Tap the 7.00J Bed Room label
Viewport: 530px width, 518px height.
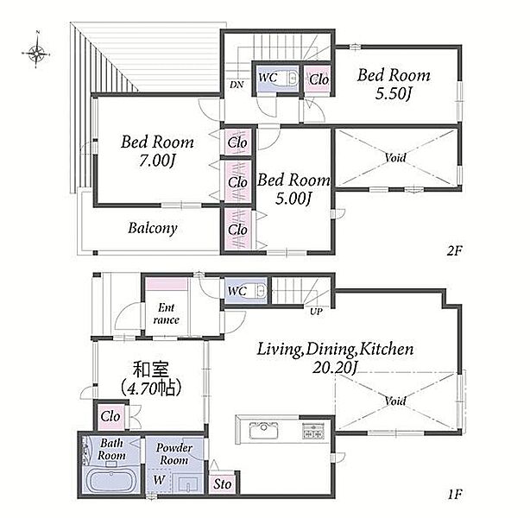[x=157, y=151]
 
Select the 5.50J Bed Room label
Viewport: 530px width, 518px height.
[x=394, y=85]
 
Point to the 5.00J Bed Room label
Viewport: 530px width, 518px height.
[x=293, y=189]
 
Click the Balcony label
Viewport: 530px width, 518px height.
[x=153, y=228]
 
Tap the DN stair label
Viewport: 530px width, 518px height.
[x=237, y=85]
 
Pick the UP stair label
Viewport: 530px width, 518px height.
[x=316, y=312]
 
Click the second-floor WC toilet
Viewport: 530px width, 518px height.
[x=293, y=79]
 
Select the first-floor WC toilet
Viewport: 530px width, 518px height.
[x=262, y=290]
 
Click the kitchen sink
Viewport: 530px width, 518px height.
[x=264, y=431]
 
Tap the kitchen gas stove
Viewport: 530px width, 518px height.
[x=313, y=431]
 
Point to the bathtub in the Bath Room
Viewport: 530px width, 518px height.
[x=110, y=481]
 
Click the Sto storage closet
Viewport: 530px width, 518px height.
[x=223, y=483]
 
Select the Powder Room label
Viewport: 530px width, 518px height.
[x=174, y=454]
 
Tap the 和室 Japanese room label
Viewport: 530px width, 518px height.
[x=151, y=378]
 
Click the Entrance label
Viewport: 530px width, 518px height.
[x=166, y=313]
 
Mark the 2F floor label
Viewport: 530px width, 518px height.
[x=454, y=251]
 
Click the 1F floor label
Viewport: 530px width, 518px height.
[x=455, y=495]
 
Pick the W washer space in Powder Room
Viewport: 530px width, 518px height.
[x=159, y=481]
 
